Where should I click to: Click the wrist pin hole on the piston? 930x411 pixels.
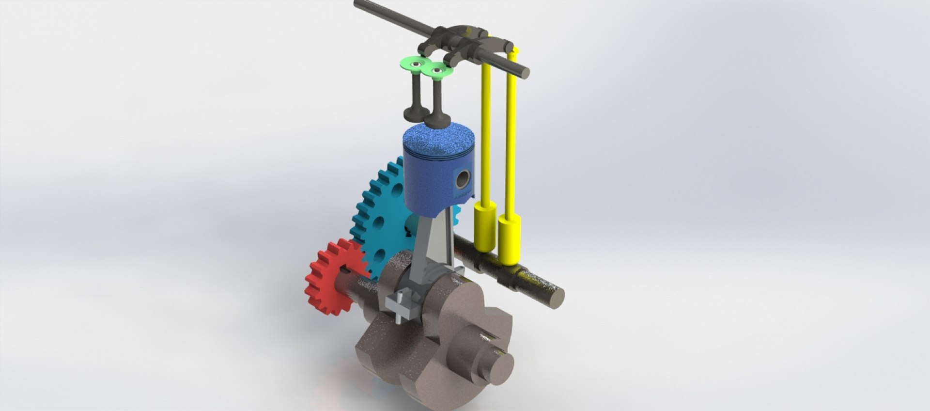pyautogui.click(x=463, y=179)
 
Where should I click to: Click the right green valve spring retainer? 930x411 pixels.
pyautogui.click(x=439, y=72)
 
